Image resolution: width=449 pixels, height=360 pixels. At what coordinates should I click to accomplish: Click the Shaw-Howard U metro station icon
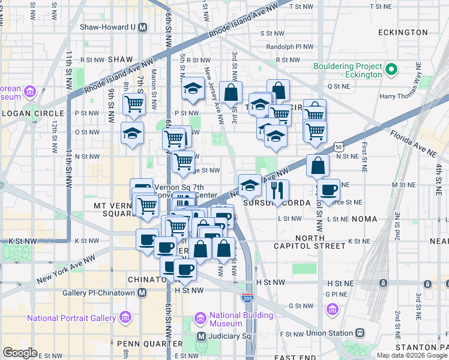coord(143,26)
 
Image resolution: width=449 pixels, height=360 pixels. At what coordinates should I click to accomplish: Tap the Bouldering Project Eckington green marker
coord(391,70)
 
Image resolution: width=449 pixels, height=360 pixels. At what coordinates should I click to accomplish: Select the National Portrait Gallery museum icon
coord(125,317)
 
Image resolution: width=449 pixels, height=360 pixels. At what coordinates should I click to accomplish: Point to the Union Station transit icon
coord(360,332)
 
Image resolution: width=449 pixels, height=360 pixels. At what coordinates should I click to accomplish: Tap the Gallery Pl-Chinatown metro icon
coord(142,292)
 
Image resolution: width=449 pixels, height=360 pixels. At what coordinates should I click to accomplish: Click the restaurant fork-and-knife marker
coord(277,190)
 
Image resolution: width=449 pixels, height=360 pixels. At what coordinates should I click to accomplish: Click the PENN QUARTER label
coord(150,343)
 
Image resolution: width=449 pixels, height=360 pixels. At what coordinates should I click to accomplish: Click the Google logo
coord(20,353)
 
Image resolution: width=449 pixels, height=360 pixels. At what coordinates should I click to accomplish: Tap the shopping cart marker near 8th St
coord(134,104)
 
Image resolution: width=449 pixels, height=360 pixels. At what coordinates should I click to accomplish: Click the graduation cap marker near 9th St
coord(132,133)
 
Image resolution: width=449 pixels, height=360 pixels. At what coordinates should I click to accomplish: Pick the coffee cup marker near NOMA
coord(328,190)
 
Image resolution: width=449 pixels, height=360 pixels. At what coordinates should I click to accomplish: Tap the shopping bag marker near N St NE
coord(318,165)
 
